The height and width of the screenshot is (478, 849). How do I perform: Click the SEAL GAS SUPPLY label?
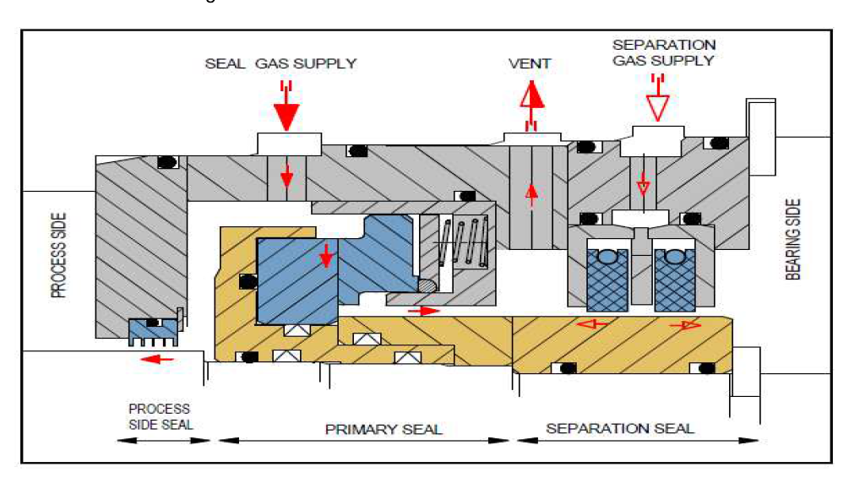point(280,63)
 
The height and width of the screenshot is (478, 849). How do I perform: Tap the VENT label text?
point(530,63)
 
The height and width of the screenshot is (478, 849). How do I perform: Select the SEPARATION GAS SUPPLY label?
point(663,52)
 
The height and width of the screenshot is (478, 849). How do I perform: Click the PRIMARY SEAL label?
point(383,429)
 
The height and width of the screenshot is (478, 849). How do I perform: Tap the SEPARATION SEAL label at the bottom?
point(620,428)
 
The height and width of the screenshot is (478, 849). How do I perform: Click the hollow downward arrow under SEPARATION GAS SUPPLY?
point(657,105)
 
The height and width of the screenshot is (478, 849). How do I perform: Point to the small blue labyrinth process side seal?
point(154,331)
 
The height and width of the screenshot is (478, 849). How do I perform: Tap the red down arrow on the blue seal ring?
point(325,255)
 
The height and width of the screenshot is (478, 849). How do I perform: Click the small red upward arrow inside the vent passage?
point(531,194)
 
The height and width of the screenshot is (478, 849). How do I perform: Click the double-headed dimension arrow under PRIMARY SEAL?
point(363,440)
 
